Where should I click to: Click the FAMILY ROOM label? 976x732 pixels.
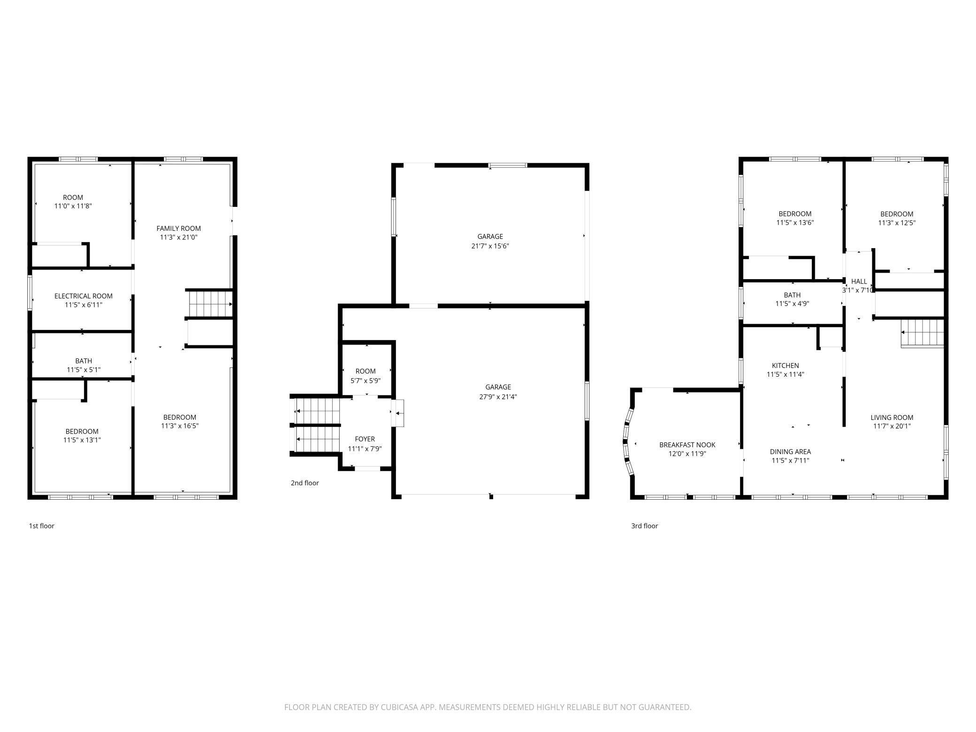[178, 229]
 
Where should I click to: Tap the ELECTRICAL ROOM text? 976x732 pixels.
[84, 296]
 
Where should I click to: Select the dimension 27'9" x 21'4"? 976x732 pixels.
[498, 396]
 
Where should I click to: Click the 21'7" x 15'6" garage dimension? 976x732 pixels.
[490, 246]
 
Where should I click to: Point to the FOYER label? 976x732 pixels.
[365, 439]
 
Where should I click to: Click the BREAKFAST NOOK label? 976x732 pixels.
[687, 445]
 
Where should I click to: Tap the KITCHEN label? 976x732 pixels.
[785, 366]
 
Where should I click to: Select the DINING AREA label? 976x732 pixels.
[790, 452]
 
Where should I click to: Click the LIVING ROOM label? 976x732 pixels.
[892, 418]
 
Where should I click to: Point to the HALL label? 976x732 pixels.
[859, 282]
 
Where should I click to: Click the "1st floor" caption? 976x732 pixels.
[42, 526]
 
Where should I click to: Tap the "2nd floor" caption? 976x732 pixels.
[305, 483]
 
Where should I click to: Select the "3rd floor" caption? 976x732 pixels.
[644, 526]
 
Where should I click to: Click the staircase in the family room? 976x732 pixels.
[210, 304]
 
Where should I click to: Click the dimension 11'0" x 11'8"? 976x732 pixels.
[73, 206]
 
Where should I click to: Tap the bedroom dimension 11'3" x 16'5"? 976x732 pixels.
[180, 426]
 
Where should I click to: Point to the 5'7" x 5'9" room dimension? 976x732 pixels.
[366, 381]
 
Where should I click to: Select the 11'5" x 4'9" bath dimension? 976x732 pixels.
[792, 304]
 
